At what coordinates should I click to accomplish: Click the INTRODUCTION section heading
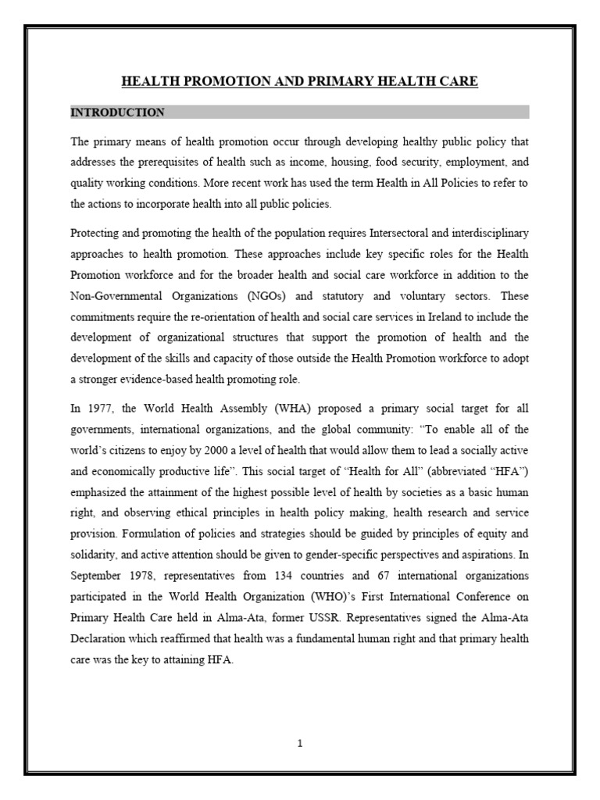point(117,112)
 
